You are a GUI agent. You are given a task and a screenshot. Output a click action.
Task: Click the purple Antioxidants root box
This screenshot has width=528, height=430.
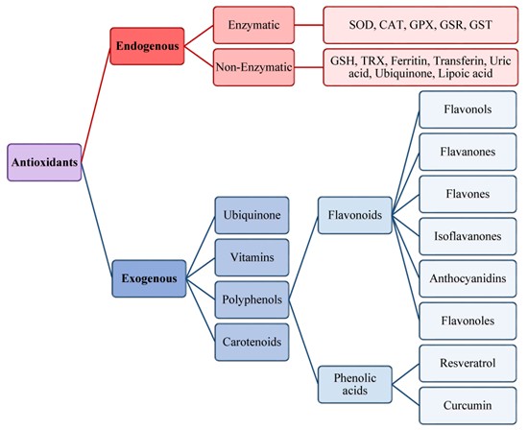43,162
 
